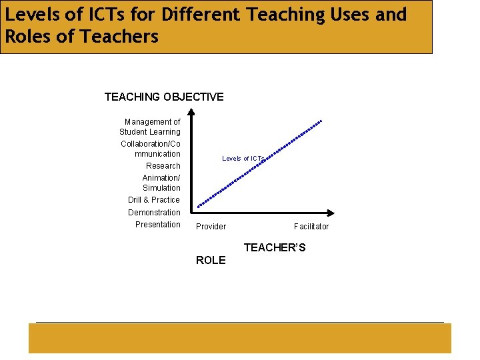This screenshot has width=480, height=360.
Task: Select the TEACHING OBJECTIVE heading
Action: (164, 97)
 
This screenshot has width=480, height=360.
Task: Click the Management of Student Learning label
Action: (151, 127)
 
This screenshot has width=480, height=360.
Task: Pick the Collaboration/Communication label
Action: (151, 149)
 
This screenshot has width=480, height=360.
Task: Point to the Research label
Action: (163, 165)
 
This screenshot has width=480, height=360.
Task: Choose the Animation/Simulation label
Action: (161, 183)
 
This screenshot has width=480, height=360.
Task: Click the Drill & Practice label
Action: (154, 200)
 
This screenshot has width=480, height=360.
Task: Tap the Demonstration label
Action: (154, 213)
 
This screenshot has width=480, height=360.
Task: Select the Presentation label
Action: (157, 225)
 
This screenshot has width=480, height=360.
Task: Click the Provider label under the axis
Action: (211, 227)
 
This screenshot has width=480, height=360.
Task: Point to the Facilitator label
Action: (311, 227)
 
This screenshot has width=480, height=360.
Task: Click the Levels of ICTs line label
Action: (243, 158)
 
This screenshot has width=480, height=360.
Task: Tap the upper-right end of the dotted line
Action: (321, 121)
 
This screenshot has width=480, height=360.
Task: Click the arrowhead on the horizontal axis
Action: (331, 214)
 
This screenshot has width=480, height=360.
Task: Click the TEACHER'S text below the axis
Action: (275, 248)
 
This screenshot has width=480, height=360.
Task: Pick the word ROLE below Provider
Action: (211, 261)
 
